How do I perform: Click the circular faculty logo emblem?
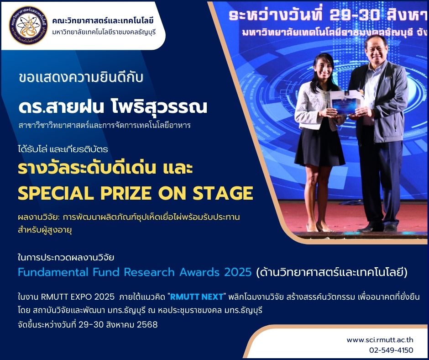pyautogui.click(x=28, y=26)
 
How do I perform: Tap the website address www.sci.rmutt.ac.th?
pyautogui.click(x=380, y=340)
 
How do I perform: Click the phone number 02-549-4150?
pyautogui.click(x=391, y=350)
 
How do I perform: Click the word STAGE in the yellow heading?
pyautogui.click(x=223, y=193)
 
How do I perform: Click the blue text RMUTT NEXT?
pyautogui.click(x=197, y=297)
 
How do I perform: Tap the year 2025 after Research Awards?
pyautogui.click(x=238, y=272)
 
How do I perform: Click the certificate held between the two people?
pyautogui.click(x=345, y=102)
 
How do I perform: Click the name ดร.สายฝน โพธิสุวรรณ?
pyautogui.click(x=113, y=107)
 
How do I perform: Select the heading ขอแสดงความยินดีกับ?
pyautogui.click(x=81, y=78)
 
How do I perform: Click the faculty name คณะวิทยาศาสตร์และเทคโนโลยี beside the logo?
pyautogui.click(x=103, y=21)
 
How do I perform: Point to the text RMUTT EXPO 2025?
pyautogui.click(x=78, y=297)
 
